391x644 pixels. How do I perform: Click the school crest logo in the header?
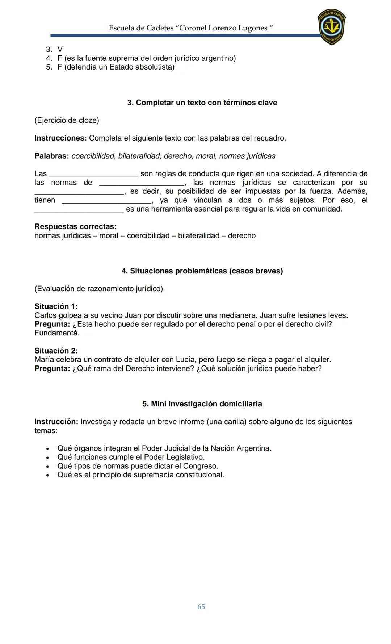[x=331, y=27]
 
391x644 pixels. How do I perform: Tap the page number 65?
[x=201, y=606]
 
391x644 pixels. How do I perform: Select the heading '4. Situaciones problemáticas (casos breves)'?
[x=202, y=271]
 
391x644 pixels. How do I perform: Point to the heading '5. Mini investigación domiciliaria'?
[x=202, y=404]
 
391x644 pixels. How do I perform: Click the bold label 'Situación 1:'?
[x=56, y=306]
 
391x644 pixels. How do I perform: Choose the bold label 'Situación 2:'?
[x=56, y=351]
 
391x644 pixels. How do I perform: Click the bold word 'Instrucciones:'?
[x=60, y=138]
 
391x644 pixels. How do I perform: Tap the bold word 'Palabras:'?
[x=51, y=156]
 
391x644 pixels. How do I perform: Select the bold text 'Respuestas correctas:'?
[x=75, y=227]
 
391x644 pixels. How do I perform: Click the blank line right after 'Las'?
[x=93, y=175]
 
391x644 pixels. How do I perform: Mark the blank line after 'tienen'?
[x=106, y=202]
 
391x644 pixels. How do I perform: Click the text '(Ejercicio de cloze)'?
[x=67, y=120]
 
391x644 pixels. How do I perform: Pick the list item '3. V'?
[x=55, y=49]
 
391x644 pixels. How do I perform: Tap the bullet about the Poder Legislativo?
[x=131, y=457]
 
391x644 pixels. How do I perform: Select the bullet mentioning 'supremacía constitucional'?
[x=140, y=475]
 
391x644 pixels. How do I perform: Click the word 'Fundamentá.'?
[x=57, y=333]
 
